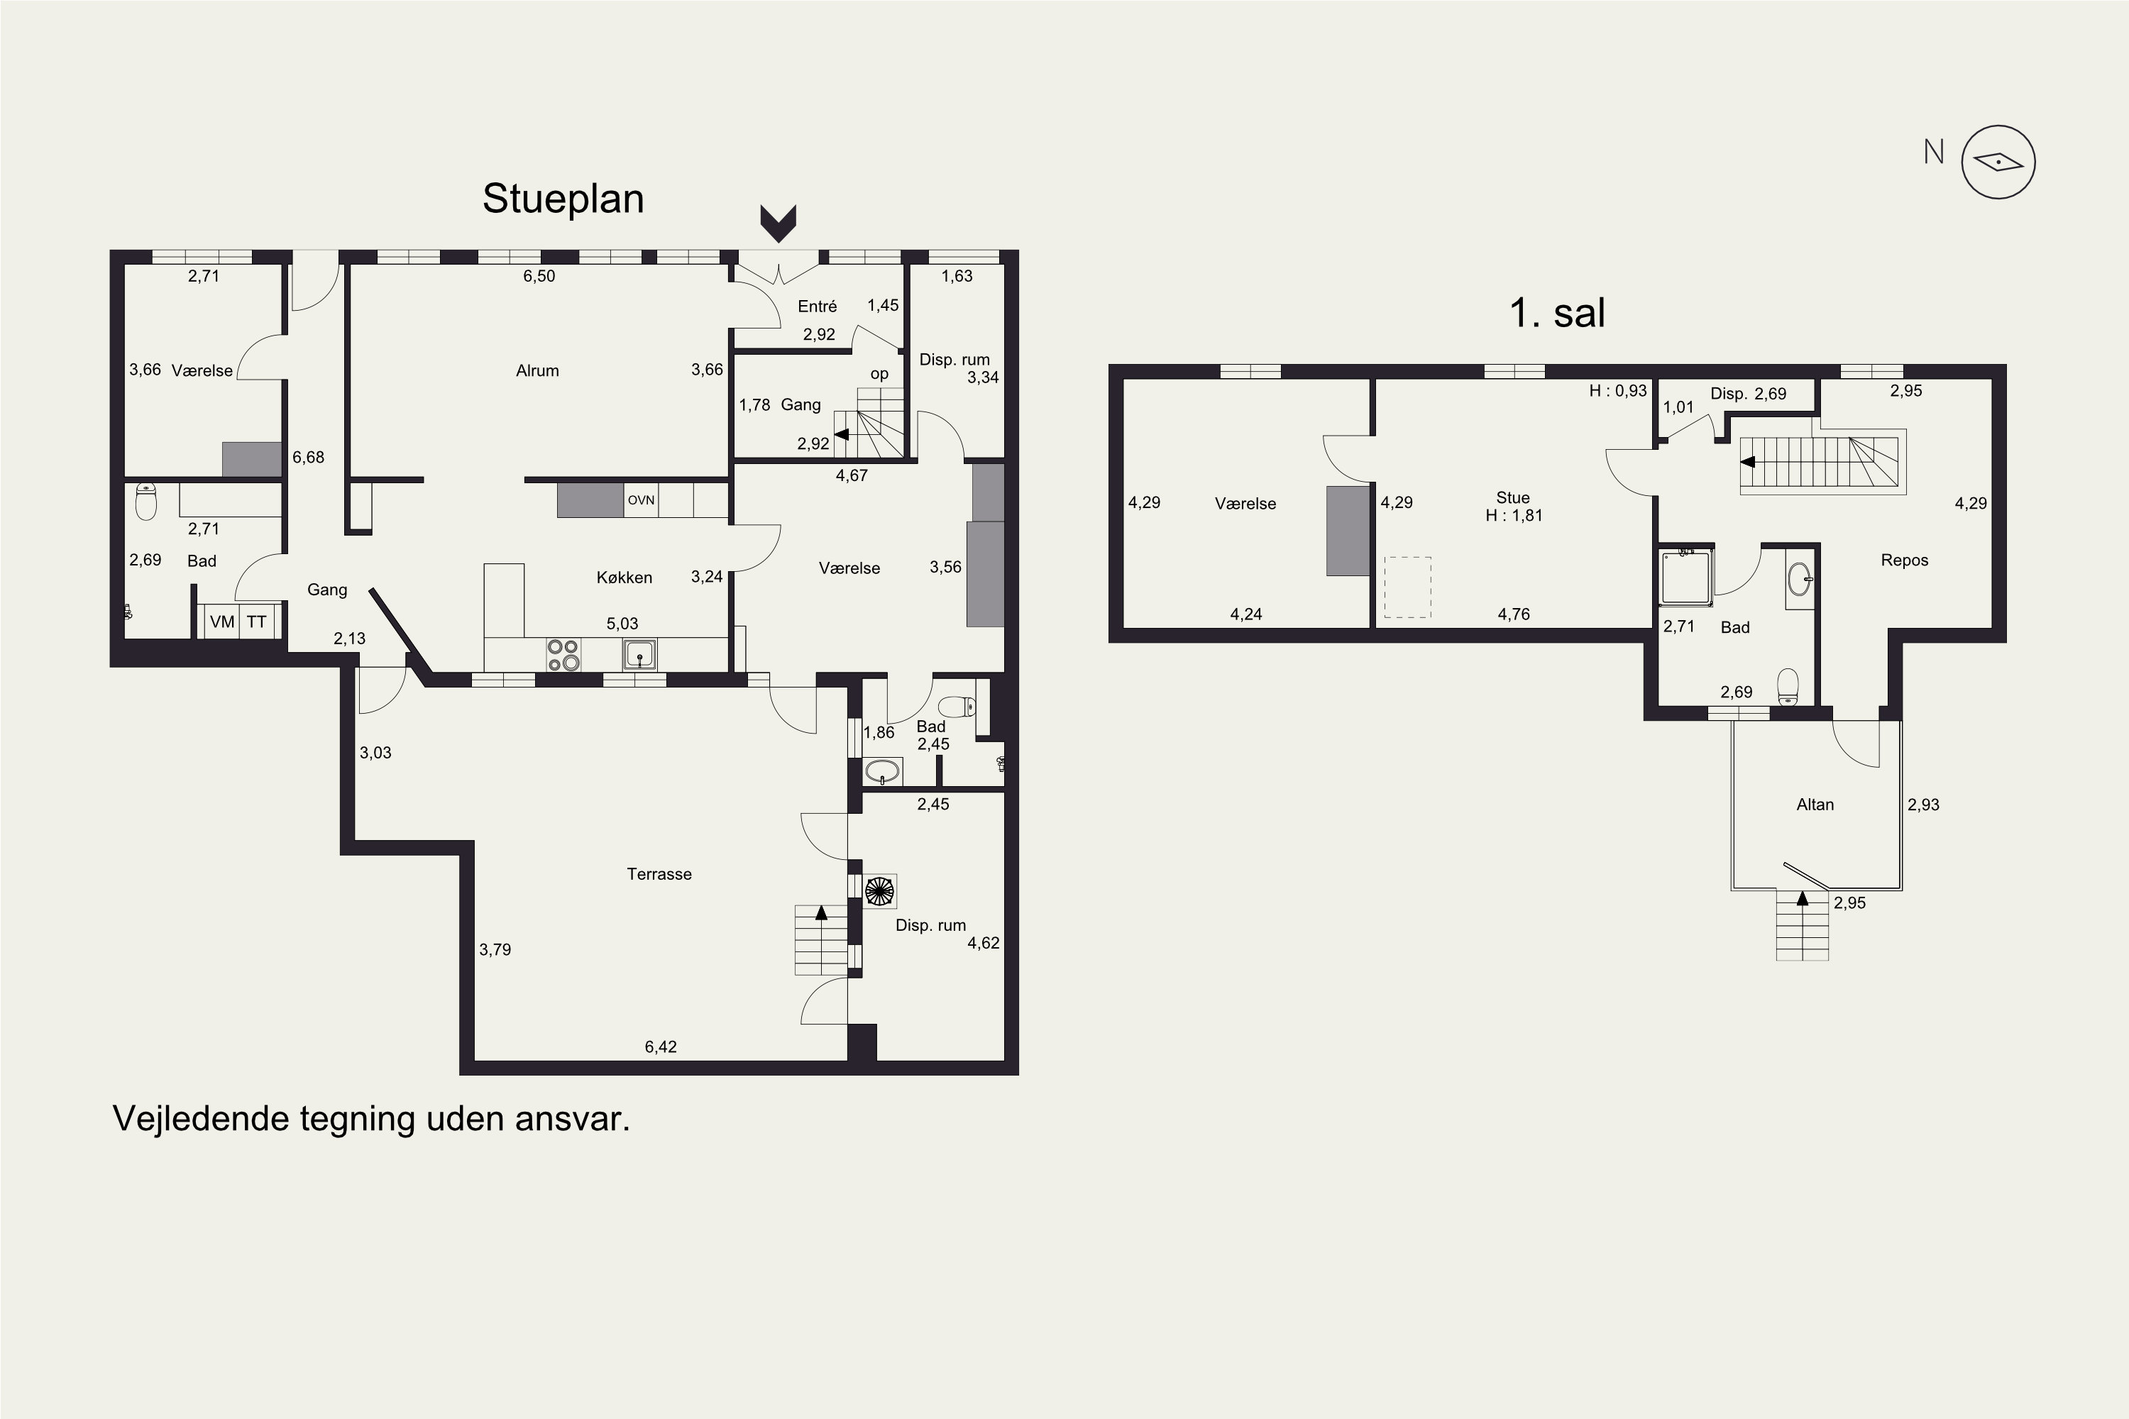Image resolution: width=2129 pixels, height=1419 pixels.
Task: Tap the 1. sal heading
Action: (1557, 313)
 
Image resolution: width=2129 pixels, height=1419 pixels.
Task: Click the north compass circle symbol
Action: (1998, 162)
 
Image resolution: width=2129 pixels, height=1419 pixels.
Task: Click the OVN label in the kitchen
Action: (641, 499)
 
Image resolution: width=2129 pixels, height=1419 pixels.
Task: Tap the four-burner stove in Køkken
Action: (563, 655)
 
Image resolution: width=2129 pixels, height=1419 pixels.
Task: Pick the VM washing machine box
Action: (221, 622)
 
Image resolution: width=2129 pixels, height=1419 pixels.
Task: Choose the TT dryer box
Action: (257, 622)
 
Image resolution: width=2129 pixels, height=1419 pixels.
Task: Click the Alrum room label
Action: (538, 370)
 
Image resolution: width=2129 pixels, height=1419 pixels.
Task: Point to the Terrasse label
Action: (659, 874)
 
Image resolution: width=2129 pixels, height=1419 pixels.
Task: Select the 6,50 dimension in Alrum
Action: (539, 276)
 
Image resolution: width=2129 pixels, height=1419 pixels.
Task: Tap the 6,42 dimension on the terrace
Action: (661, 1047)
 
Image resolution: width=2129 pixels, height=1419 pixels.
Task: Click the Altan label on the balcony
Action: (1815, 805)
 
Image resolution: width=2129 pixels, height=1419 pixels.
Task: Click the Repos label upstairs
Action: (1905, 561)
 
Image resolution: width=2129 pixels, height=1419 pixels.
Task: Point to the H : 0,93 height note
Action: (1619, 391)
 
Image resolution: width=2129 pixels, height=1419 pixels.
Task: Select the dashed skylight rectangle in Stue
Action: (1407, 587)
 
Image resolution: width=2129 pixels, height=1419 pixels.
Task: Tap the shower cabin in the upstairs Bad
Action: (1686, 576)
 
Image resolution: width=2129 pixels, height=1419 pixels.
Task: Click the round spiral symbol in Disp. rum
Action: (879, 891)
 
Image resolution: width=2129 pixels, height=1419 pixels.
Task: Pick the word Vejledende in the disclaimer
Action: (200, 1119)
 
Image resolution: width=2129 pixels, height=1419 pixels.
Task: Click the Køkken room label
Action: (625, 578)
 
